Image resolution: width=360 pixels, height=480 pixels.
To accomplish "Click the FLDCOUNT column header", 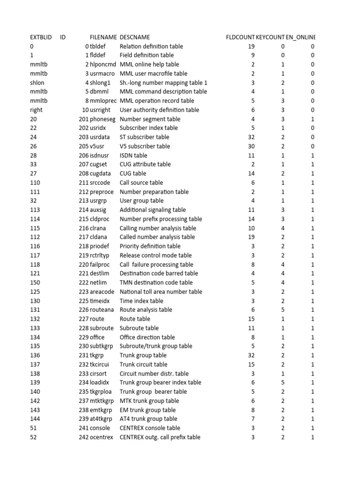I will click(x=240, y=37).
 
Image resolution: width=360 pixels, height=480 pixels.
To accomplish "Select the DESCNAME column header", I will click(x=135, y=37).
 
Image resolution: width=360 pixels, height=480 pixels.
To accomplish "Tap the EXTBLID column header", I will click(x=41, y=37).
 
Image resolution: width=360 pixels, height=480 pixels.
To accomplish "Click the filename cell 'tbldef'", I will click(x=99, y=46).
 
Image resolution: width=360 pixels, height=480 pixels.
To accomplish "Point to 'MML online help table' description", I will click(x=150, y=64).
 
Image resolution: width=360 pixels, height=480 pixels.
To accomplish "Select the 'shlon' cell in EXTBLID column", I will click(x=37, y=82).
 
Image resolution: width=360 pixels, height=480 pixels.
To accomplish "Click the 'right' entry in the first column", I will click(x=36, y=110).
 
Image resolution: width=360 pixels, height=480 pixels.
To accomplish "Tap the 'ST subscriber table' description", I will click(x=144, y=137).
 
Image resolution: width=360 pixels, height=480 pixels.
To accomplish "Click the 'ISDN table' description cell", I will click(x=133, y=155).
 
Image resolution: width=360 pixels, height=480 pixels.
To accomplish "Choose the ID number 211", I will click(x=83, y=182).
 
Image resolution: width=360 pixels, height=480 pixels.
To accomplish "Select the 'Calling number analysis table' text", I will click(x=158, y=228).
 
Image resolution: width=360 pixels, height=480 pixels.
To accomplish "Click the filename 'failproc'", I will click(x=102, y=264).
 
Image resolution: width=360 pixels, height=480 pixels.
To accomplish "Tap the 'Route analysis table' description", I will click(x=146, y=310).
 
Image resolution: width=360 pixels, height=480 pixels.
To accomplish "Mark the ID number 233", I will click(x=83, y=374).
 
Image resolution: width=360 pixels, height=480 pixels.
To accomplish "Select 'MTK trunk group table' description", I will click(x=149, y=401).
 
